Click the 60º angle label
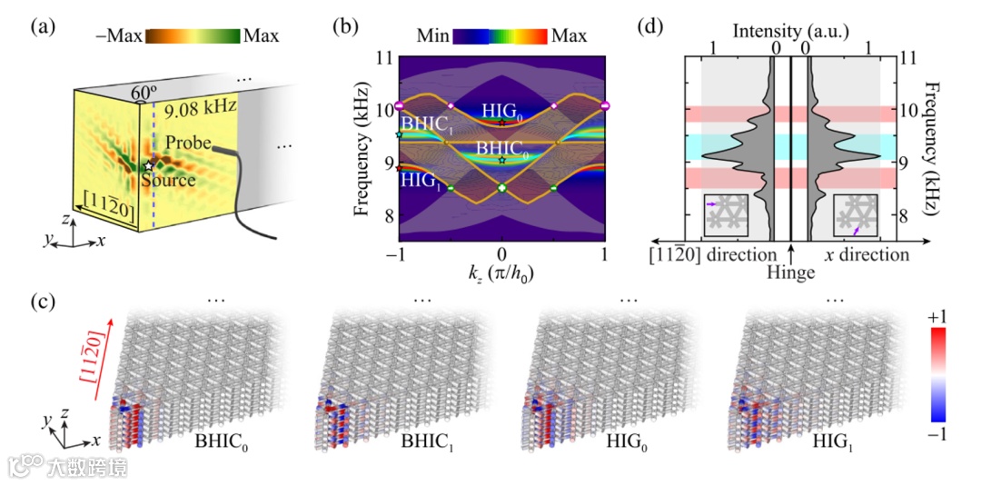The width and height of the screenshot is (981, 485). click(144, 93)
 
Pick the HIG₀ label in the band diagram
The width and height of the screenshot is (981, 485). click(501, 108)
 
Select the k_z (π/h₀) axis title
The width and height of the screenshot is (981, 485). click(500, 276)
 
